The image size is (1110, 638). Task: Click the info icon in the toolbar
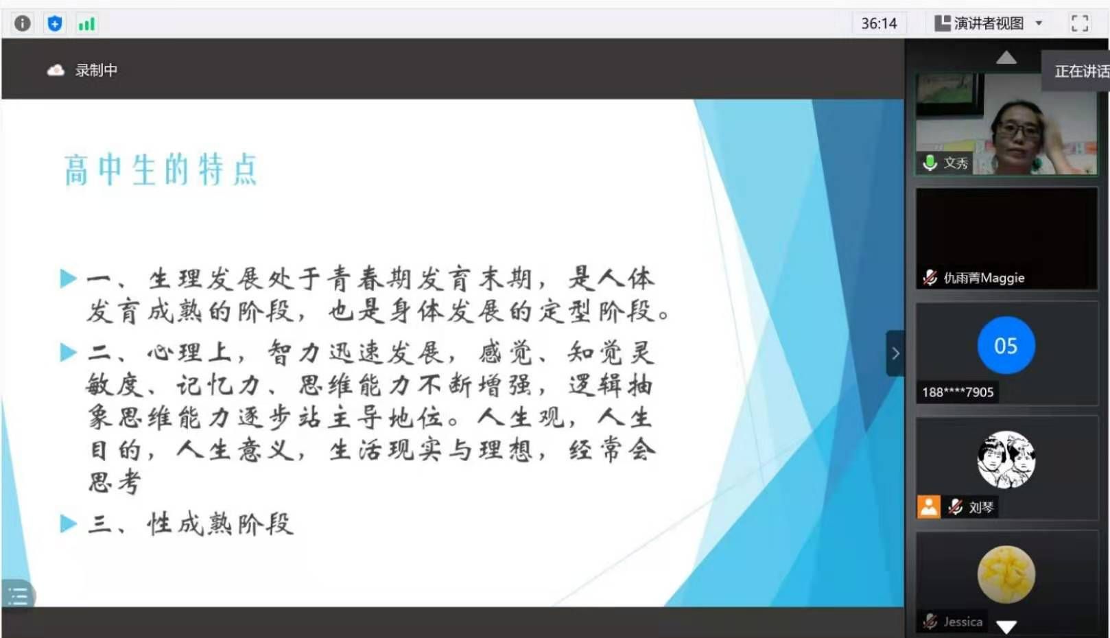(x=23, y=23)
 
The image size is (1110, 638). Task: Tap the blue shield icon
(x=54, y=23)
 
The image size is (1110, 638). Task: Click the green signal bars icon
(x=86, y=23)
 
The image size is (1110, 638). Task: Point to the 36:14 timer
(x=879, y=23)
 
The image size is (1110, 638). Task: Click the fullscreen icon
(x=1080, y=23)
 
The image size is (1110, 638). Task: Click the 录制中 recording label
(x=96, y=71)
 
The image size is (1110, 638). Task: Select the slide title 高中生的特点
(x=161, y=170)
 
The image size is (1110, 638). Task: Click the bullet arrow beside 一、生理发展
(x=69, y=279)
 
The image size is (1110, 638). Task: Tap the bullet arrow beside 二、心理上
(x=69, y=352)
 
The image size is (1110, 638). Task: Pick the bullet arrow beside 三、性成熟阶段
(x=69, y=523)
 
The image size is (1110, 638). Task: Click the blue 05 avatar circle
(x=1006, y=345)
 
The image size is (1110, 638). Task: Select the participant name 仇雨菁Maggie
(x=984, y=278)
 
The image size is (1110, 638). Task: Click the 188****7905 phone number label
(x=958, y=392)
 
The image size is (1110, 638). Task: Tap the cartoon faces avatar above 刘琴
(x=1006, y=459)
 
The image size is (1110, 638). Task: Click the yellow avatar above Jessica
(x=1006, y=575)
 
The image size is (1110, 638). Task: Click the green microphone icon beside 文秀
(x=930, y=163)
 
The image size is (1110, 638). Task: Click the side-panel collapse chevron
(x=895, y=353)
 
